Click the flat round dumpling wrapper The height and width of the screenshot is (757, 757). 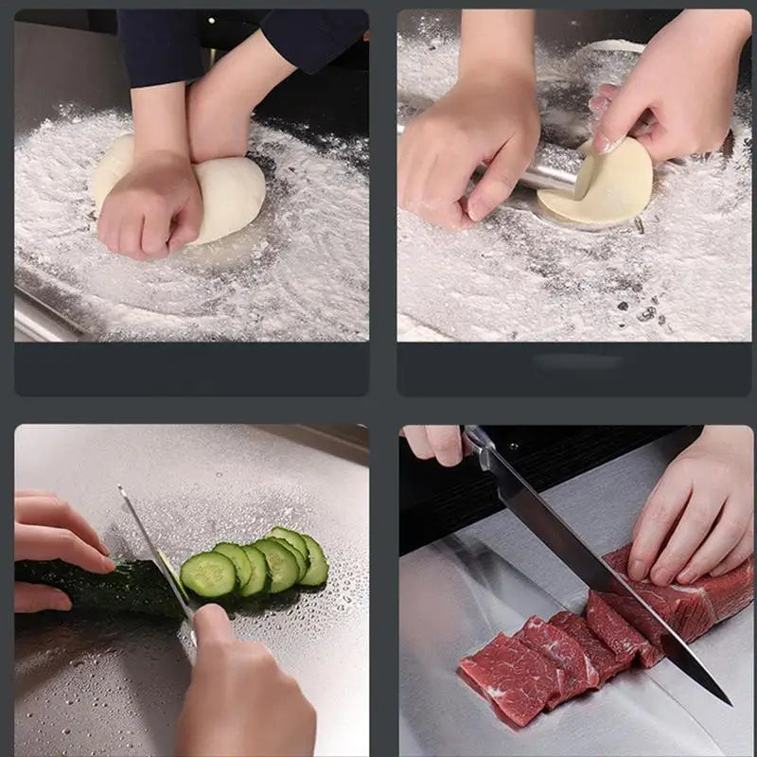(x=601, y=185)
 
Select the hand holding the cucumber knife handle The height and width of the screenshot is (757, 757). (x=237, y=681)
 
